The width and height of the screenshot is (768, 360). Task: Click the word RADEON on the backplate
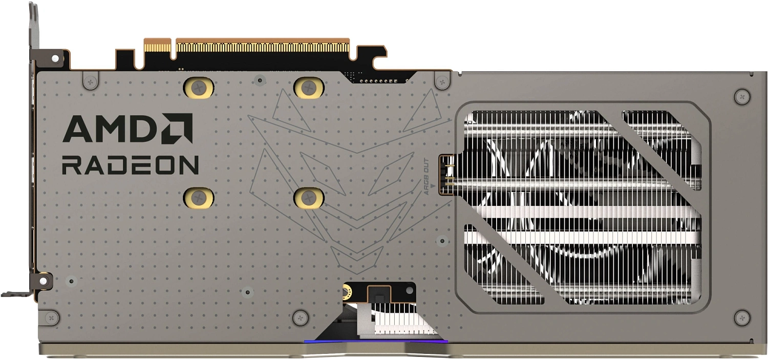pyautogui.click(x=130, y=165)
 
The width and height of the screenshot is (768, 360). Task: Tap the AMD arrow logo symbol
pyautogui.click(x=177, y=128)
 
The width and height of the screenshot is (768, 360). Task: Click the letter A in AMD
pyautogui.click(x=80, y=129)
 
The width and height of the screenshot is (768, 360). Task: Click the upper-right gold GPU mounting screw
pyautogui.click(x=309, y=88)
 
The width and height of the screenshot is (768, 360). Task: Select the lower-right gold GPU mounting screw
pyautogui.click(x=309, y=197)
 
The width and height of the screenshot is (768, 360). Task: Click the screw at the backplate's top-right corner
pyautogui.click(x=741, y=96)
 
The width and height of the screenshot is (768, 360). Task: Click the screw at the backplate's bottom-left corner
pyautogui.click(x=52, y=317)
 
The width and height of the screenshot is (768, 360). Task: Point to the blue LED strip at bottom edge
pyautogui.click(x=376, y=341)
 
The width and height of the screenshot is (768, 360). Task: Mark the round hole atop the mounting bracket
pyautogui.click(x=55, y=59)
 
